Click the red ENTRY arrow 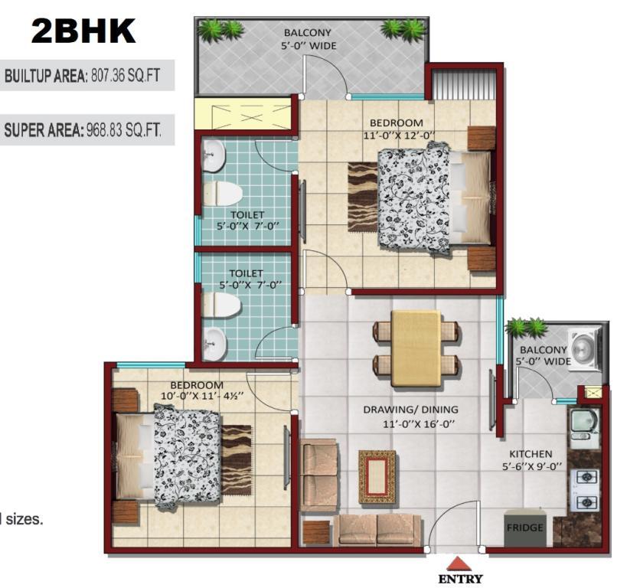pos(459,564)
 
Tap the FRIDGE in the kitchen pos(524,528)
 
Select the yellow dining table pos(416,348)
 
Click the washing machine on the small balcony pos(586,350)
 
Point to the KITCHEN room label pos(531,454)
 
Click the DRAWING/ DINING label pos(410,409)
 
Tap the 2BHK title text pos(83,31)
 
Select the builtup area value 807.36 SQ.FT pos(126,76)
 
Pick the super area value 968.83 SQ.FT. pos(124,130)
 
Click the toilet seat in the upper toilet pos(222,193)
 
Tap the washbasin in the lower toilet pos(214,344)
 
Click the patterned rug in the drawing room pos(377,476)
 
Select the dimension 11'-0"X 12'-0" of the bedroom pos(399,135)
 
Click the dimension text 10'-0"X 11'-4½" pos(202,396)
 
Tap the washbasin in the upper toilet pos(214,156)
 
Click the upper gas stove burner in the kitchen pos(588,476)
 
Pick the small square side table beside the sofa pos(316,532)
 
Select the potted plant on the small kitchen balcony pos(526,328)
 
